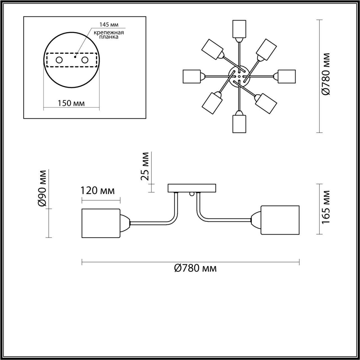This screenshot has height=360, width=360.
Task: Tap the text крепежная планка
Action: pyautogui.click(x=109, y=35)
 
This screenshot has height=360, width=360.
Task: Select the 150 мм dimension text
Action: pyautogui.click(x=71, y=103)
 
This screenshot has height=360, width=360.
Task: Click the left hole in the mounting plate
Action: pyautogui.click(x=59, y=60)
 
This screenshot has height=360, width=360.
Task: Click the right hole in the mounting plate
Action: pyautogui.click(x=85, y=60)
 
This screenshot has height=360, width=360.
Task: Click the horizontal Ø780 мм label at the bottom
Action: pyautogui.click(x=195, y=268)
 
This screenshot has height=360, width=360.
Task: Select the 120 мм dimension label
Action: pyautogui.click(x=98, y=191)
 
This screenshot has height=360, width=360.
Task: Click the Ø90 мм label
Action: pyautogui.click(x=43, y=188)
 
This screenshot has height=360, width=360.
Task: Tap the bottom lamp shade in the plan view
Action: pyautogui.click(x=239, y=124)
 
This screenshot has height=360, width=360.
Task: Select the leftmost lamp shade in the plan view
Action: pyautogui.click(x=191, y=76)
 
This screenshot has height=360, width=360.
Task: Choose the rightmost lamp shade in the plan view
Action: pyautogui.click(x=287, y=76)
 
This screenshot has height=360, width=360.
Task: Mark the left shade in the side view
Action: pyautogui.click(x=101, y=223)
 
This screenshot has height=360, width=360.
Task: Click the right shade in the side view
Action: pyautogui.click(x=280, y=220)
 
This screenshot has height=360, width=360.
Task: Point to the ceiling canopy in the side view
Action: pyautogui.click(x=192, y=188)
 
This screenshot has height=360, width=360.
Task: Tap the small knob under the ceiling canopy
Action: pyautogui.click(x=192, y=194)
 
